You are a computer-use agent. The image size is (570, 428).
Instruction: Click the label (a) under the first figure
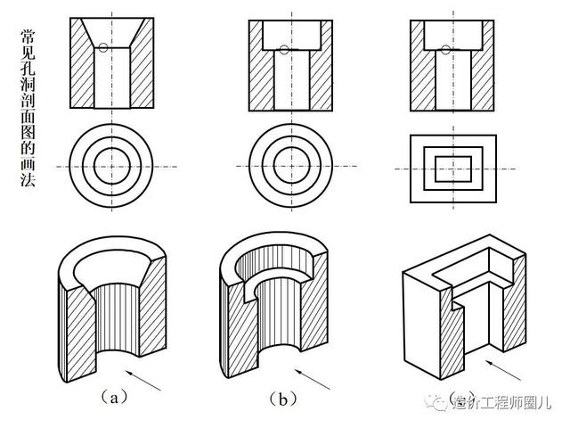point(113,398)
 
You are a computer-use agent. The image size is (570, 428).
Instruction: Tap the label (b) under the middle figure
point(282,398)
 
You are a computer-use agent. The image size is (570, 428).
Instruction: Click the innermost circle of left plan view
point(112,166)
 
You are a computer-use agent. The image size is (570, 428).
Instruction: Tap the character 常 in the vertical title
point(29,38)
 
